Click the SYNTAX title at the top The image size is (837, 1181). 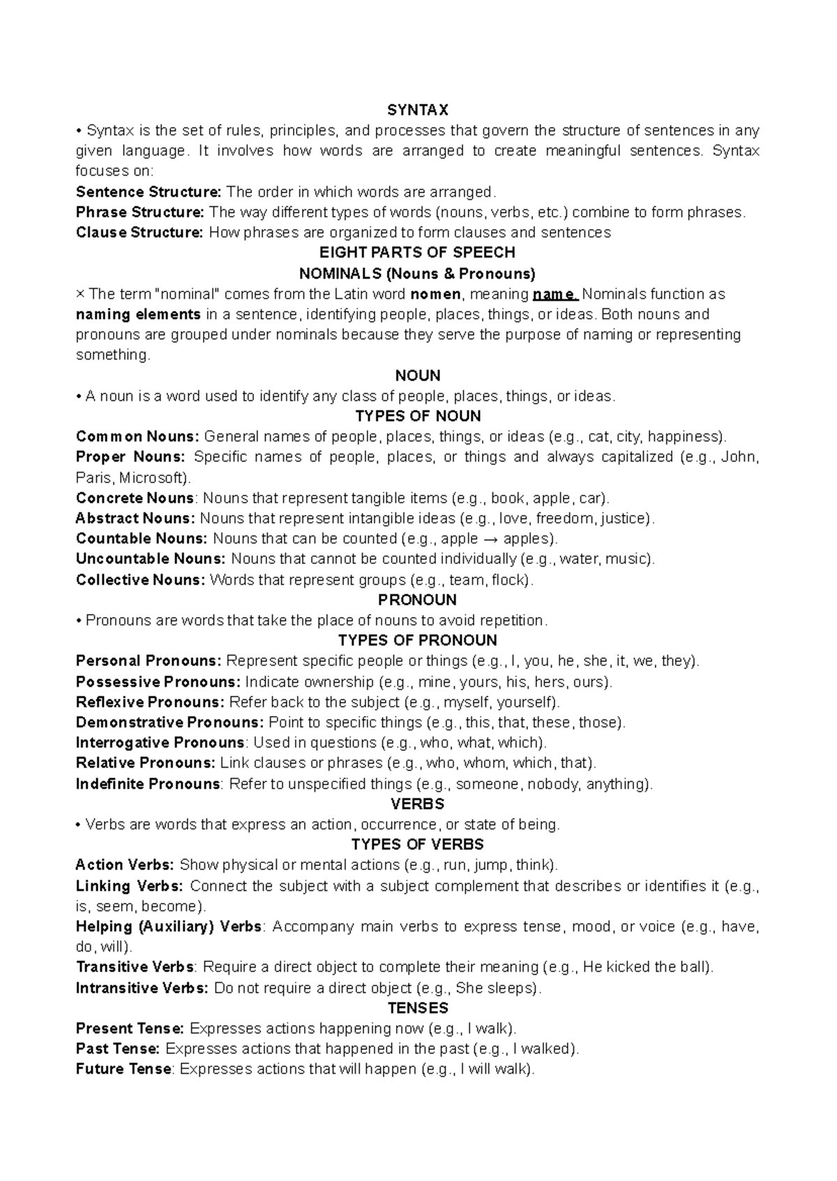coord(418,110)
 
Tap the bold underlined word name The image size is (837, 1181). coord(555,294)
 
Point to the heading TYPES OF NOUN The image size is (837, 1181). coord(418,416)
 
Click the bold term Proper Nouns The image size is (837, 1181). coord(130,457)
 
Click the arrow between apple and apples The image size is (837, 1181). coord(490,539)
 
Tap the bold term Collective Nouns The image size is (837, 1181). coord(140,580)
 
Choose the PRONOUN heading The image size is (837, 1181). coord(417,600)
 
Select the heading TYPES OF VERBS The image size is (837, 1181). coord(417,845)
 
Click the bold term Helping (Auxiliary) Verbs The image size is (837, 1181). coord(169,927)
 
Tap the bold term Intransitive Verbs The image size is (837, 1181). coord(142,988)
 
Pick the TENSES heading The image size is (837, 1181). coord(418,1008)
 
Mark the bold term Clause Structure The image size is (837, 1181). coord(139,233)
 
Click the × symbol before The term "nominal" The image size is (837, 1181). coord(80,294)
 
